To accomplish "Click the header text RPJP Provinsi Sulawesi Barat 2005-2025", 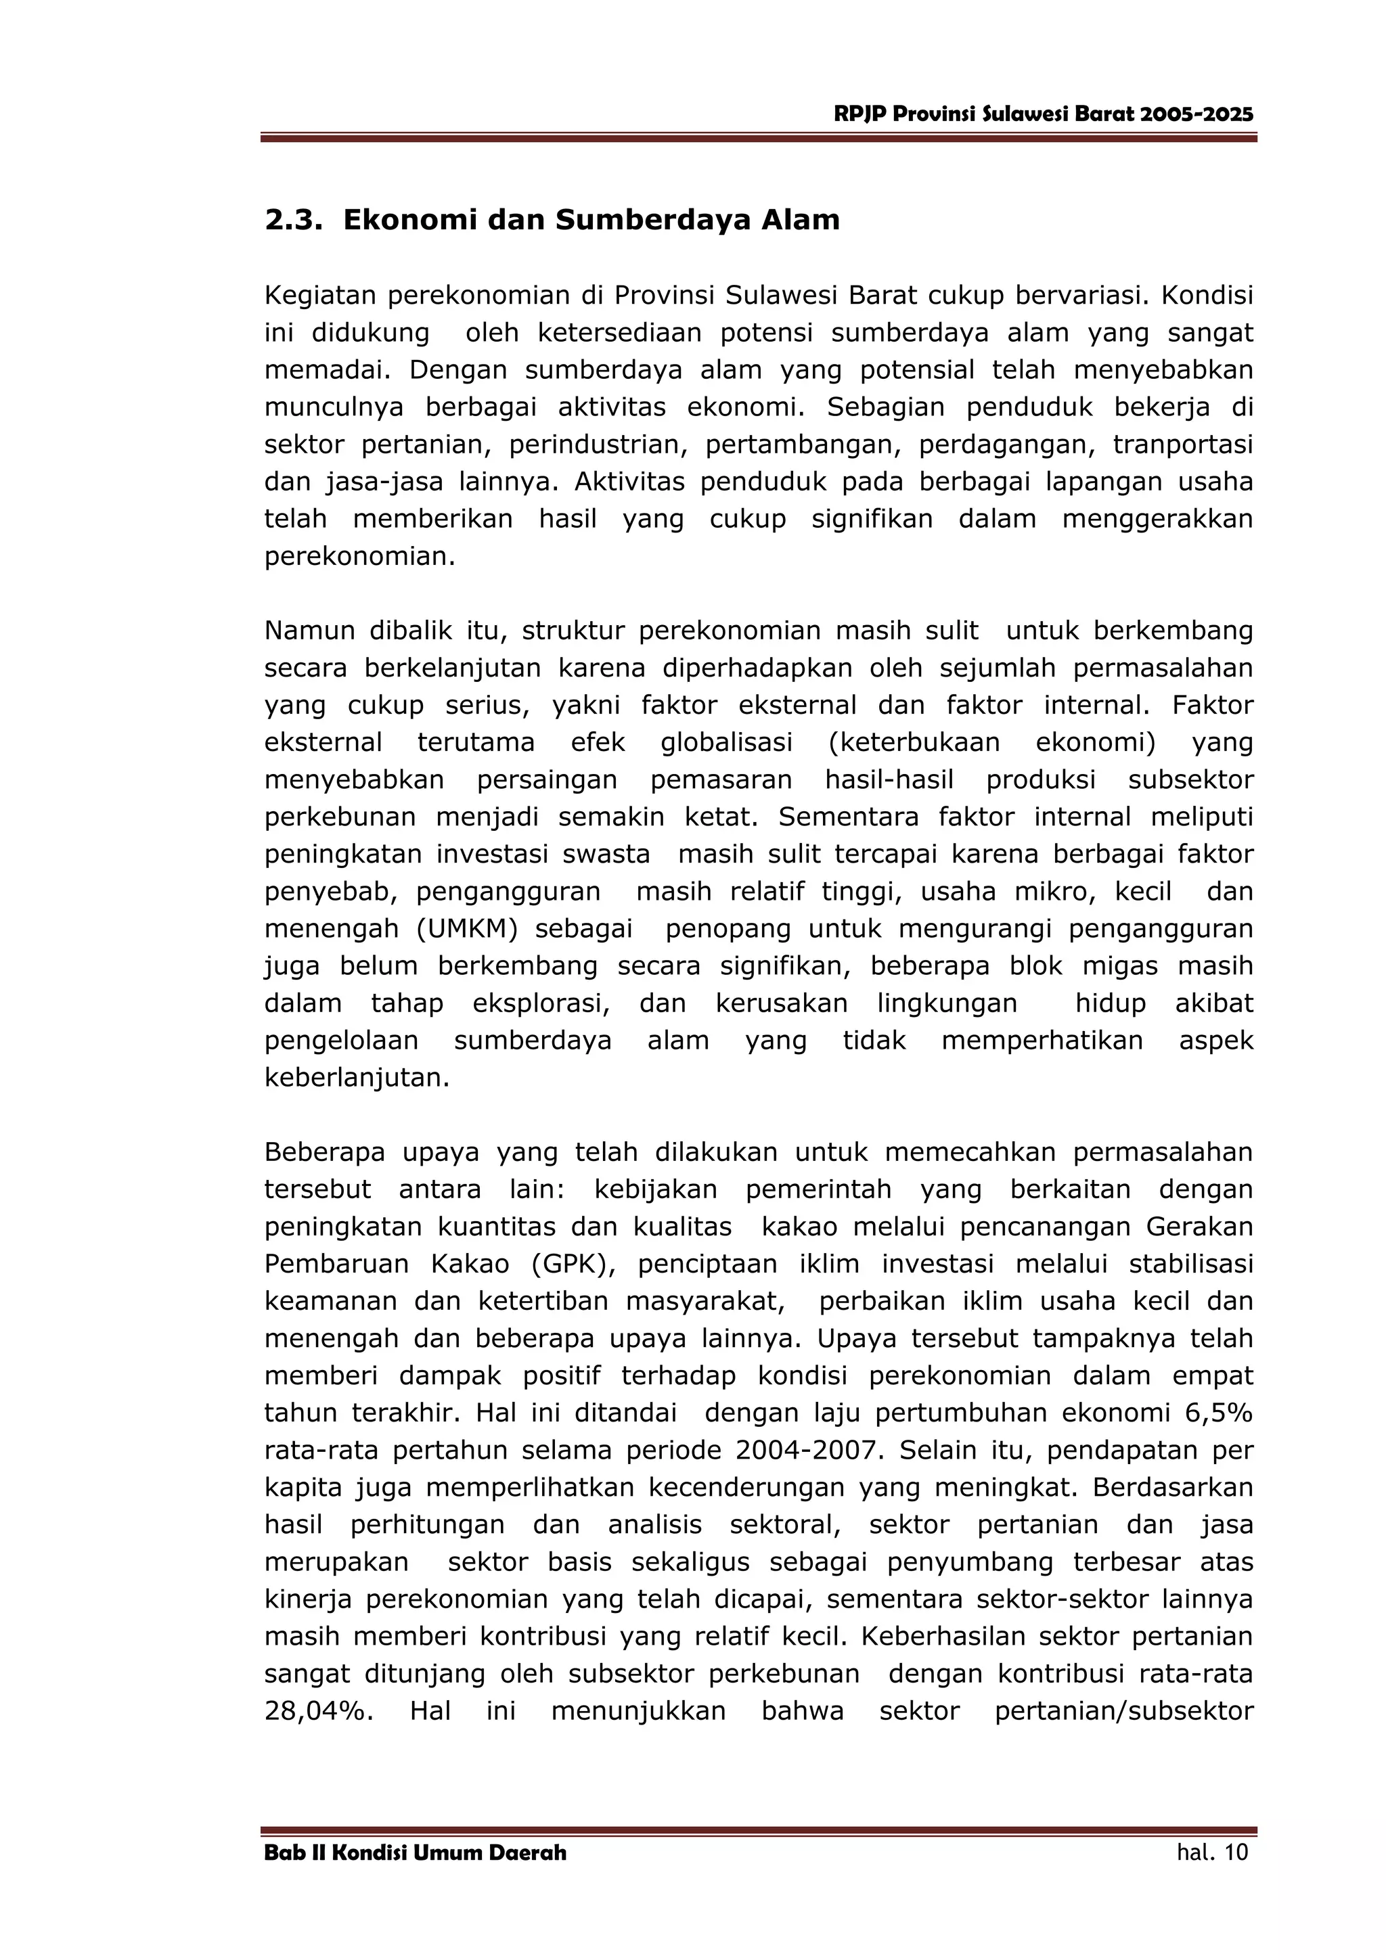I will pos(1044,114).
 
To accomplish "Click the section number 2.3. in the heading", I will pos(293,221).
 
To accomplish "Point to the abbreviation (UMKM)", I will pos(467,929).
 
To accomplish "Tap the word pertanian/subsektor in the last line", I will pos(1124,1712).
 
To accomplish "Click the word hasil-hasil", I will pos(889,780).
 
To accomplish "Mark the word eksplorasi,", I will pos(541,1003).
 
